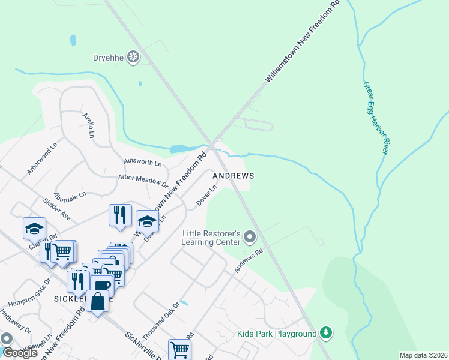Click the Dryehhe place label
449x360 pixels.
(107, 58)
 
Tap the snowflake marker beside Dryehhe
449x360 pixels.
(133, 58)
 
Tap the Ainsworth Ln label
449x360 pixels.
(143, 163)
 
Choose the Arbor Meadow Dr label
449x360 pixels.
(143, 180)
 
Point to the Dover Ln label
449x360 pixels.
(207, 196)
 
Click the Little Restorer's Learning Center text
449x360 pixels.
(211, 238)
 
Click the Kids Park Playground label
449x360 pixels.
(276, 334)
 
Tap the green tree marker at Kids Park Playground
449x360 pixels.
(326, 333)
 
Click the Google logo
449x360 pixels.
(20, 353)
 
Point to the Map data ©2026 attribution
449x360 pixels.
(423, 355)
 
